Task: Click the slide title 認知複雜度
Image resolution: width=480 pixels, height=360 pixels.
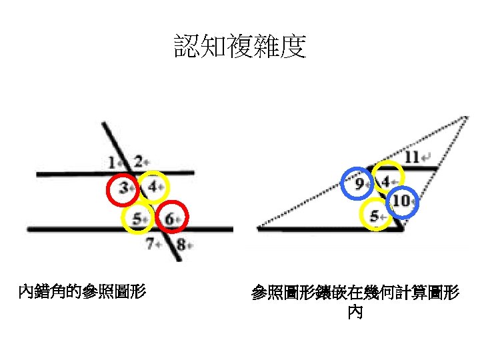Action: pyautogui.click(x=240, y=47)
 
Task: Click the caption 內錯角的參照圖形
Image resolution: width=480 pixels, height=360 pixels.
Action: pyautogui.click(x=83, y=291)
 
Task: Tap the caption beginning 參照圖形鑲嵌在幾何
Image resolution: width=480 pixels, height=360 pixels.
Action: pyautogui.click(x=355, y=293)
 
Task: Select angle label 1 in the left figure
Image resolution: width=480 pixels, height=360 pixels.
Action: pyautogui.click(x=113, y=161)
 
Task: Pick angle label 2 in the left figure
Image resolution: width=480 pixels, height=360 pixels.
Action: pyautogui.click(x=138, y=161)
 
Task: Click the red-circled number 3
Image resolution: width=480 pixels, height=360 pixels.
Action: pyautogui.click(x=123, y=189)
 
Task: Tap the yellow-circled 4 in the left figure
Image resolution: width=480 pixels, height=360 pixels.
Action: pyautogui.click(x=153, y=187)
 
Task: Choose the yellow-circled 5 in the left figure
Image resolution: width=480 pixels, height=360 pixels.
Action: pyautogui.click(x=137, y=218)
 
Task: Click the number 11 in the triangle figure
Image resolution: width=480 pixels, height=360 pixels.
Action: pyautogui.click(x=412, y=157)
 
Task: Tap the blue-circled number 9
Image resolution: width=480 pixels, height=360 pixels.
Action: pyautogui.click(x=359, y=183)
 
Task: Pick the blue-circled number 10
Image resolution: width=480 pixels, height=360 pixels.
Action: pyautogui.click(x=401, y=200)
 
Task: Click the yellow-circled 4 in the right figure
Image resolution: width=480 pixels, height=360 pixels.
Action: pyautogui.click(x=386, y=181)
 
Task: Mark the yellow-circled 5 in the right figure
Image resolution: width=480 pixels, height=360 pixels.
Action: pyautogui.click(x=375, y=215)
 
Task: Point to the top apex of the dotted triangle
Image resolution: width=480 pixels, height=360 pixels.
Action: pyautogui.click(x=465, y=117)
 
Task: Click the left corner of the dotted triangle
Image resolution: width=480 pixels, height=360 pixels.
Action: pyautogui.click(x=259, y=227)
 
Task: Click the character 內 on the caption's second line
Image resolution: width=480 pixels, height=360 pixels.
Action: pyautogui.click(x=355, y=312)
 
